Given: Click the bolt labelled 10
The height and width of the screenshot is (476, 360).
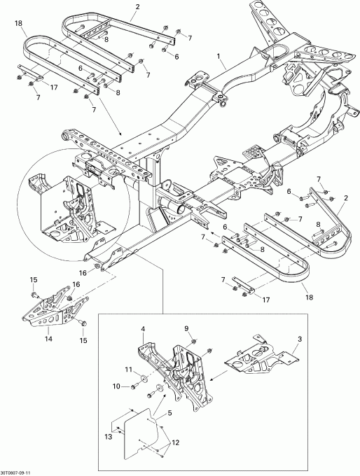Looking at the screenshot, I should [x=134, y=386].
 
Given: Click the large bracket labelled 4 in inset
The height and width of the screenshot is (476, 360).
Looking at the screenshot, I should [x=175, y=378].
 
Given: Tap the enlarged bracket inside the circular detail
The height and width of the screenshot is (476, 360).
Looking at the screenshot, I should [x=70, y=206].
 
